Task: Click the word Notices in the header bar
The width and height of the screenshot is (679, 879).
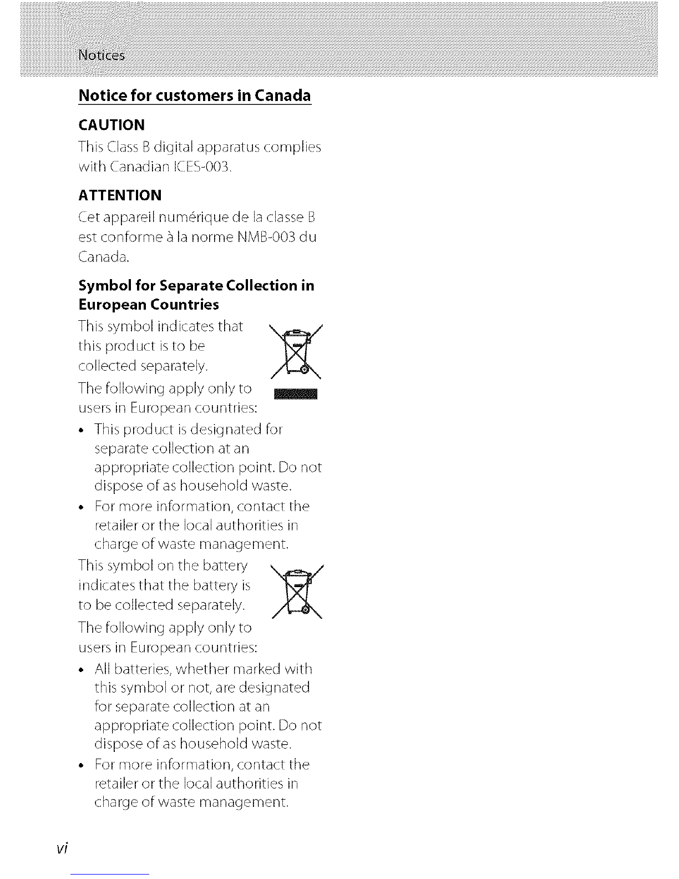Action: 102,55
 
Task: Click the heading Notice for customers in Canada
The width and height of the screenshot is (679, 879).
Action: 195,95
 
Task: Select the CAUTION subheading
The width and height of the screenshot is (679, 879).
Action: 112,124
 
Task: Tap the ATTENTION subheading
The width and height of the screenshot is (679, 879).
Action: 120,195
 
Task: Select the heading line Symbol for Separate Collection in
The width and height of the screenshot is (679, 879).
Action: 197,285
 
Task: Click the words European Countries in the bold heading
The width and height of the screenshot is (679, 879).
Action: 149,305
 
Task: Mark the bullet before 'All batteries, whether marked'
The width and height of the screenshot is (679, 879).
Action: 83,669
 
